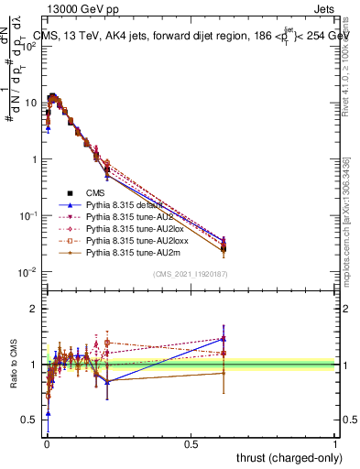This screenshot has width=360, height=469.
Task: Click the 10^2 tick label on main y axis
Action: (28, 46)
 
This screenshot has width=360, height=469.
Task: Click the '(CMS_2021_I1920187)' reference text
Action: (191, 273)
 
